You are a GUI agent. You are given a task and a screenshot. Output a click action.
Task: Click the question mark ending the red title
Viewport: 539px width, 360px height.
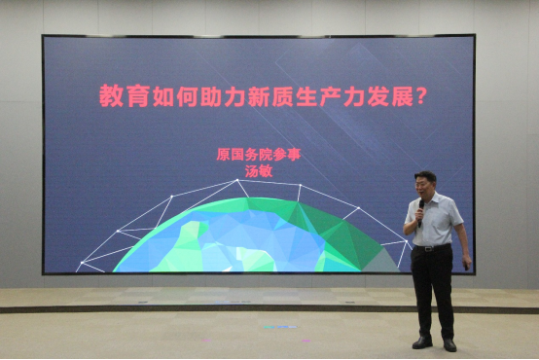[421, 96]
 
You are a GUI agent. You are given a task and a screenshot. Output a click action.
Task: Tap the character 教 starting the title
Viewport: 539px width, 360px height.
[111, 96]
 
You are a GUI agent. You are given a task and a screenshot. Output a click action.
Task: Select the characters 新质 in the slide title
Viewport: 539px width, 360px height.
[281, 96]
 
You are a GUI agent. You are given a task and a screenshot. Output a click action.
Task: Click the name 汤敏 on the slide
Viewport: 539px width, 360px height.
[259, 171]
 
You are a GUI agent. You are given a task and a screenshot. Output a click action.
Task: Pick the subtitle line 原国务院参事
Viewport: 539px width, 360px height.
[259, 155]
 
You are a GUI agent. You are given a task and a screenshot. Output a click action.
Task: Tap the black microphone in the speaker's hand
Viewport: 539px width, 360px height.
[420, 212]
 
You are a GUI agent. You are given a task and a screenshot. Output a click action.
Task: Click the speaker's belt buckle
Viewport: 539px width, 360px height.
[429, 248]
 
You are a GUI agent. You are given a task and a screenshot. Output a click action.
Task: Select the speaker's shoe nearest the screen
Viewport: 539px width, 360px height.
[422, 342]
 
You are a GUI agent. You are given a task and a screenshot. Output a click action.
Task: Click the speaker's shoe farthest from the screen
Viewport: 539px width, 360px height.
[449, 344]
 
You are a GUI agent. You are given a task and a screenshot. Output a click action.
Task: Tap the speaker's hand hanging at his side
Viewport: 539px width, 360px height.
[466, 263]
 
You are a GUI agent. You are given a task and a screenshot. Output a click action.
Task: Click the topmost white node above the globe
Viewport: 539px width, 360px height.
[237, 180]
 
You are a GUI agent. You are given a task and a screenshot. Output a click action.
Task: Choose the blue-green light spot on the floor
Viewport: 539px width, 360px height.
[280, 327]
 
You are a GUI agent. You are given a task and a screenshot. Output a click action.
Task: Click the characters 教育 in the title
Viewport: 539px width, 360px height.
[123, 96]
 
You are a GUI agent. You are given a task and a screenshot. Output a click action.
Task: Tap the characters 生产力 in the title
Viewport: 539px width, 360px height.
[330, 96]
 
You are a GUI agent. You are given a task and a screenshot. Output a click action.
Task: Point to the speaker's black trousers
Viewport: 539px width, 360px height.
[432, 292]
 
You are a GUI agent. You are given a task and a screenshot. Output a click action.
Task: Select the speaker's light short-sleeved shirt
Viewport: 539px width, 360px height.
[435, 220]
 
